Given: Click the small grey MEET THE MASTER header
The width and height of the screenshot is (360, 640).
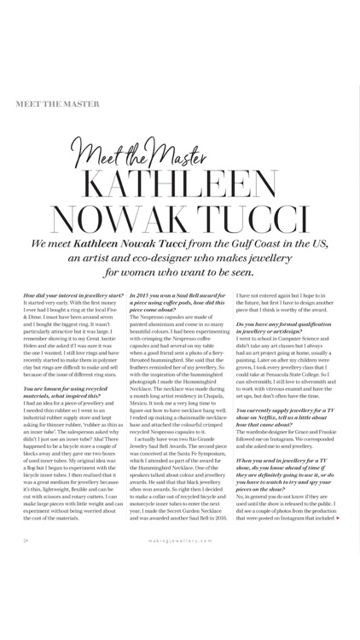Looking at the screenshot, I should (57, 103).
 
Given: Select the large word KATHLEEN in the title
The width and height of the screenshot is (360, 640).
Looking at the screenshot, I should (181, 190).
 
